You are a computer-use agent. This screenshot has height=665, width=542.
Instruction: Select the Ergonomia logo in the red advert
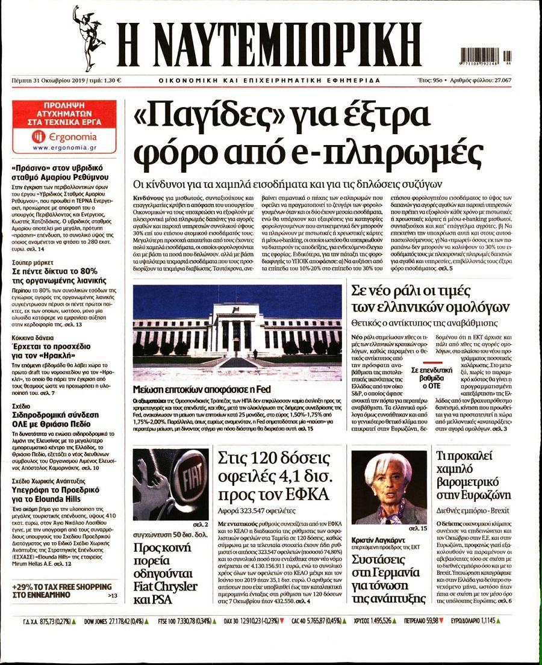[x=55, y=137]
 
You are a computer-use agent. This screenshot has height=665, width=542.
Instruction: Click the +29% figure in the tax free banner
[x=23, y=586]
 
